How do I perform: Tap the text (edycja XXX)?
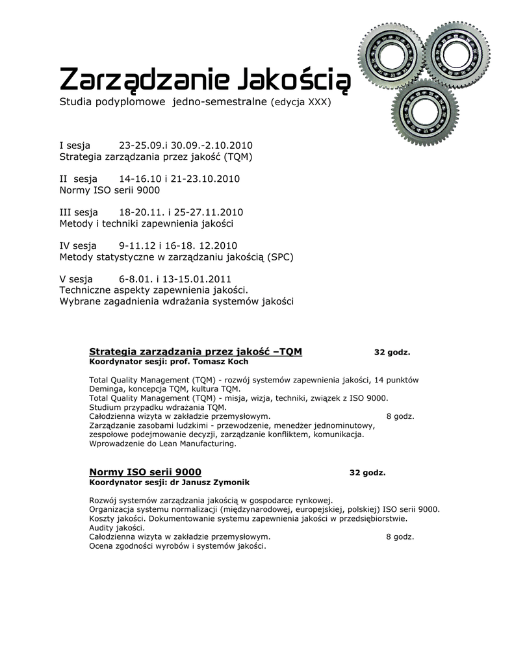(x=301, y=103)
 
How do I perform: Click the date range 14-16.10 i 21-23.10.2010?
(x=179, y=179)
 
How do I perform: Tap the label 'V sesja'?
(x=76, y=279)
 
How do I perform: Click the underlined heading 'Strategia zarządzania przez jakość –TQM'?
(x=195, y=351)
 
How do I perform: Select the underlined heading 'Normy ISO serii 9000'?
(x=145, y=472)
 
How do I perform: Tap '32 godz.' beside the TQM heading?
(x=392, y=353)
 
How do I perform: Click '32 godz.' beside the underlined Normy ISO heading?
(x=367, y=473)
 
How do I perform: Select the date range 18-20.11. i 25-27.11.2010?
(x=181, y=212)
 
